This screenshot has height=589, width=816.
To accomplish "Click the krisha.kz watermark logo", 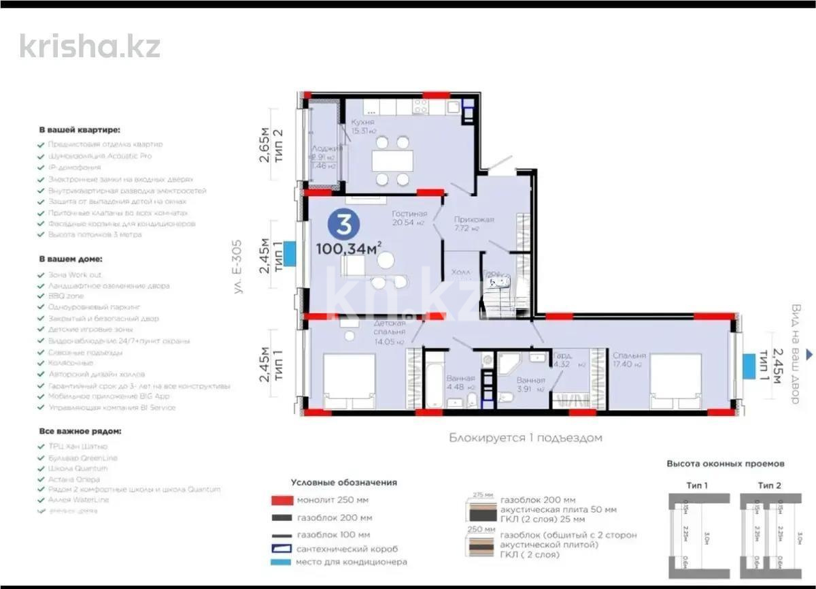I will (x=90, y=46).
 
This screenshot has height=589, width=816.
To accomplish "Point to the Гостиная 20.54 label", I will (x=409, y=217).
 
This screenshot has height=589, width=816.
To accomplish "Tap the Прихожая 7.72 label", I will (x=474, y=223).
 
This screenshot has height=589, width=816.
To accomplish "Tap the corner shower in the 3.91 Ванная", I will (x=508, y=364).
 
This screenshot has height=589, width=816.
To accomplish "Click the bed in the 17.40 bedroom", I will (x=675, y=382).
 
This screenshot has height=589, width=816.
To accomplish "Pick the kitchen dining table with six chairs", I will (x=392, y=161).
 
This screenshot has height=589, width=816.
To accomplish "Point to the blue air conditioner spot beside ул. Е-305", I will (x=288, y=253).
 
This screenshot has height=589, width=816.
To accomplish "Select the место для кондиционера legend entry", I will (x=351, y=562).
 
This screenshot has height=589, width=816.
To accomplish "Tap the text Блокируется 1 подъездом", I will (x=525, y=438).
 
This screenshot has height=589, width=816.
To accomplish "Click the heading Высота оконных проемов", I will (x=725, y=464).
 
